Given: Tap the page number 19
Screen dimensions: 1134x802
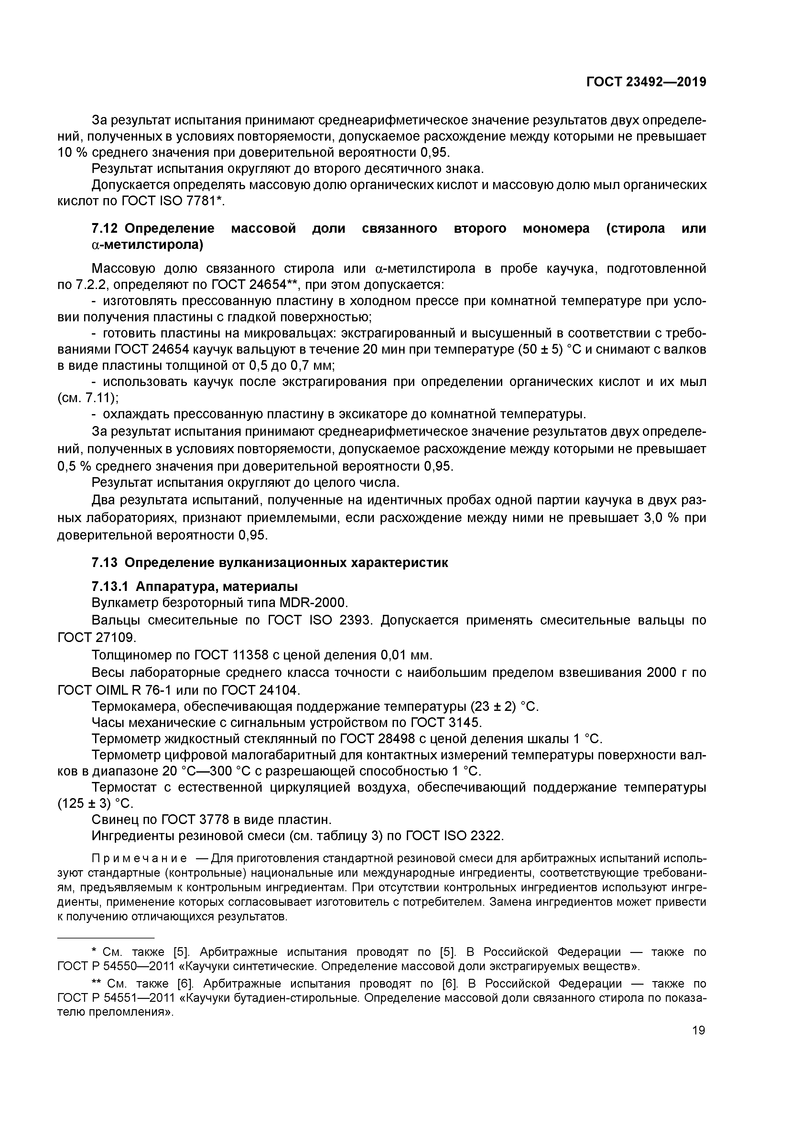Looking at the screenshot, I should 698,1030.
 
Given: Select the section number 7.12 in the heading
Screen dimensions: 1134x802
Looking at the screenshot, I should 105,229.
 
